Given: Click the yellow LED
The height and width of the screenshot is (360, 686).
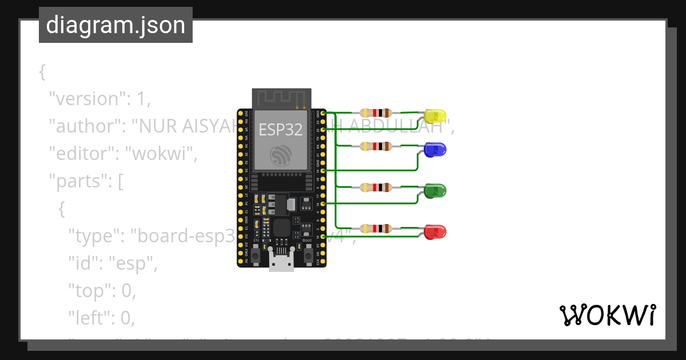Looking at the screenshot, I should pos(436,117).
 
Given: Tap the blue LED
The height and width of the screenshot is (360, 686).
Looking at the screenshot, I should pos(436,150).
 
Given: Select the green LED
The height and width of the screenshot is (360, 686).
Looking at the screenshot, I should pos(436,191).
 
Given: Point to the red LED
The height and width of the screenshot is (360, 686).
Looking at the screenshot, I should pos(436,232).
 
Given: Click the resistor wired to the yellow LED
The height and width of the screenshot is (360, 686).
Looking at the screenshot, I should pos(376,113).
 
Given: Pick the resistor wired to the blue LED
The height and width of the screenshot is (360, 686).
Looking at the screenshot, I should pos(376,146).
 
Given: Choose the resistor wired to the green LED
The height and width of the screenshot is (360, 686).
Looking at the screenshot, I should pos(376,187).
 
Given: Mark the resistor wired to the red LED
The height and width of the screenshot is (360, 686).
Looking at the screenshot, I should pos(376,229).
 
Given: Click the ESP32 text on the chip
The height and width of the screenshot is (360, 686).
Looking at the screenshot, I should pos(281,129).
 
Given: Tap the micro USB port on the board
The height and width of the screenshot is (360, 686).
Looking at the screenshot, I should pos(282,264).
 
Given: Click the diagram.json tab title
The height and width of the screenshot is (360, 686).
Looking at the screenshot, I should pos(115,26).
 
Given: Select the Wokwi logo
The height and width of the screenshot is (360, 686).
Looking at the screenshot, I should pos(607,315).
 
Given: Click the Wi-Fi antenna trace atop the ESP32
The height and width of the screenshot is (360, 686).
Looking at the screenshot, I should pos(282,98).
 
